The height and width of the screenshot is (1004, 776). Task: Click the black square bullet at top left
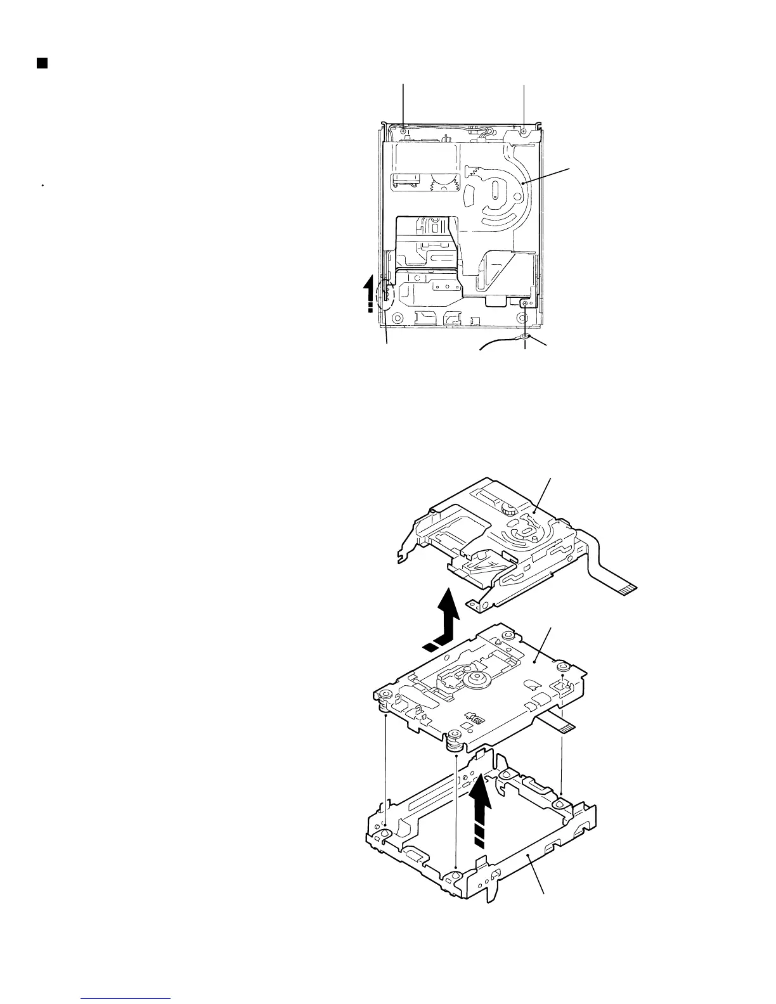click(x=42, y=63)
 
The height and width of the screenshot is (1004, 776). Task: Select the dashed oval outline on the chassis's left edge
click(x=384, y=296)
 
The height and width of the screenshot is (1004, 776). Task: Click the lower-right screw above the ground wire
click(x=524, y=304)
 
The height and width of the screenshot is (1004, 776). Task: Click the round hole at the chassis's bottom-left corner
click(x=399, y=318)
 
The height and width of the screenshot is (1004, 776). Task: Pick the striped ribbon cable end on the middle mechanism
click(x=566, y=728)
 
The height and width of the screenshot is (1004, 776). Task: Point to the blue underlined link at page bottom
click(x=127, y=998)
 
